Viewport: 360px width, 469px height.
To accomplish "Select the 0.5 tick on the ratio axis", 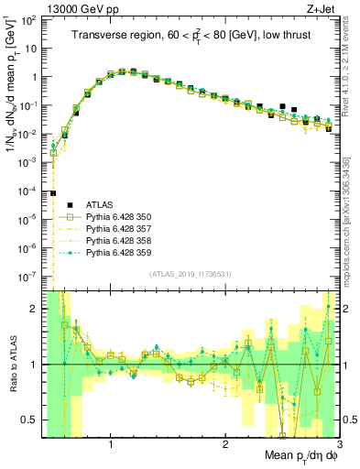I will coord(30,420).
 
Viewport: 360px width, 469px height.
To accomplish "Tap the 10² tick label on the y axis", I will coord(29,20).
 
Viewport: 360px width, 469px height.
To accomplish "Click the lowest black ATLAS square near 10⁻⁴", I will coord(53,193).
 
